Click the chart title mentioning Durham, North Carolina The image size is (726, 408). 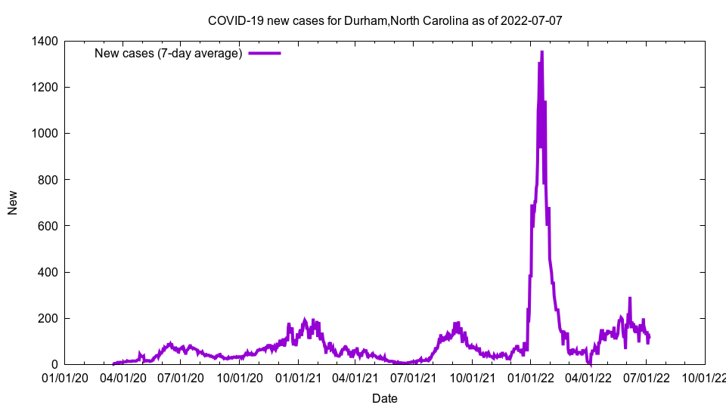coord(385,20)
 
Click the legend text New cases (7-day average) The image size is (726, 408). coord(168,53)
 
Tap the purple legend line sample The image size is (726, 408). coord(265,53)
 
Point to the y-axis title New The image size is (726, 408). coord(13,202)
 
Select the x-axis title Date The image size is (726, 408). coord(384,398)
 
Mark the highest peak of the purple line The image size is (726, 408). coord(541,52)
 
